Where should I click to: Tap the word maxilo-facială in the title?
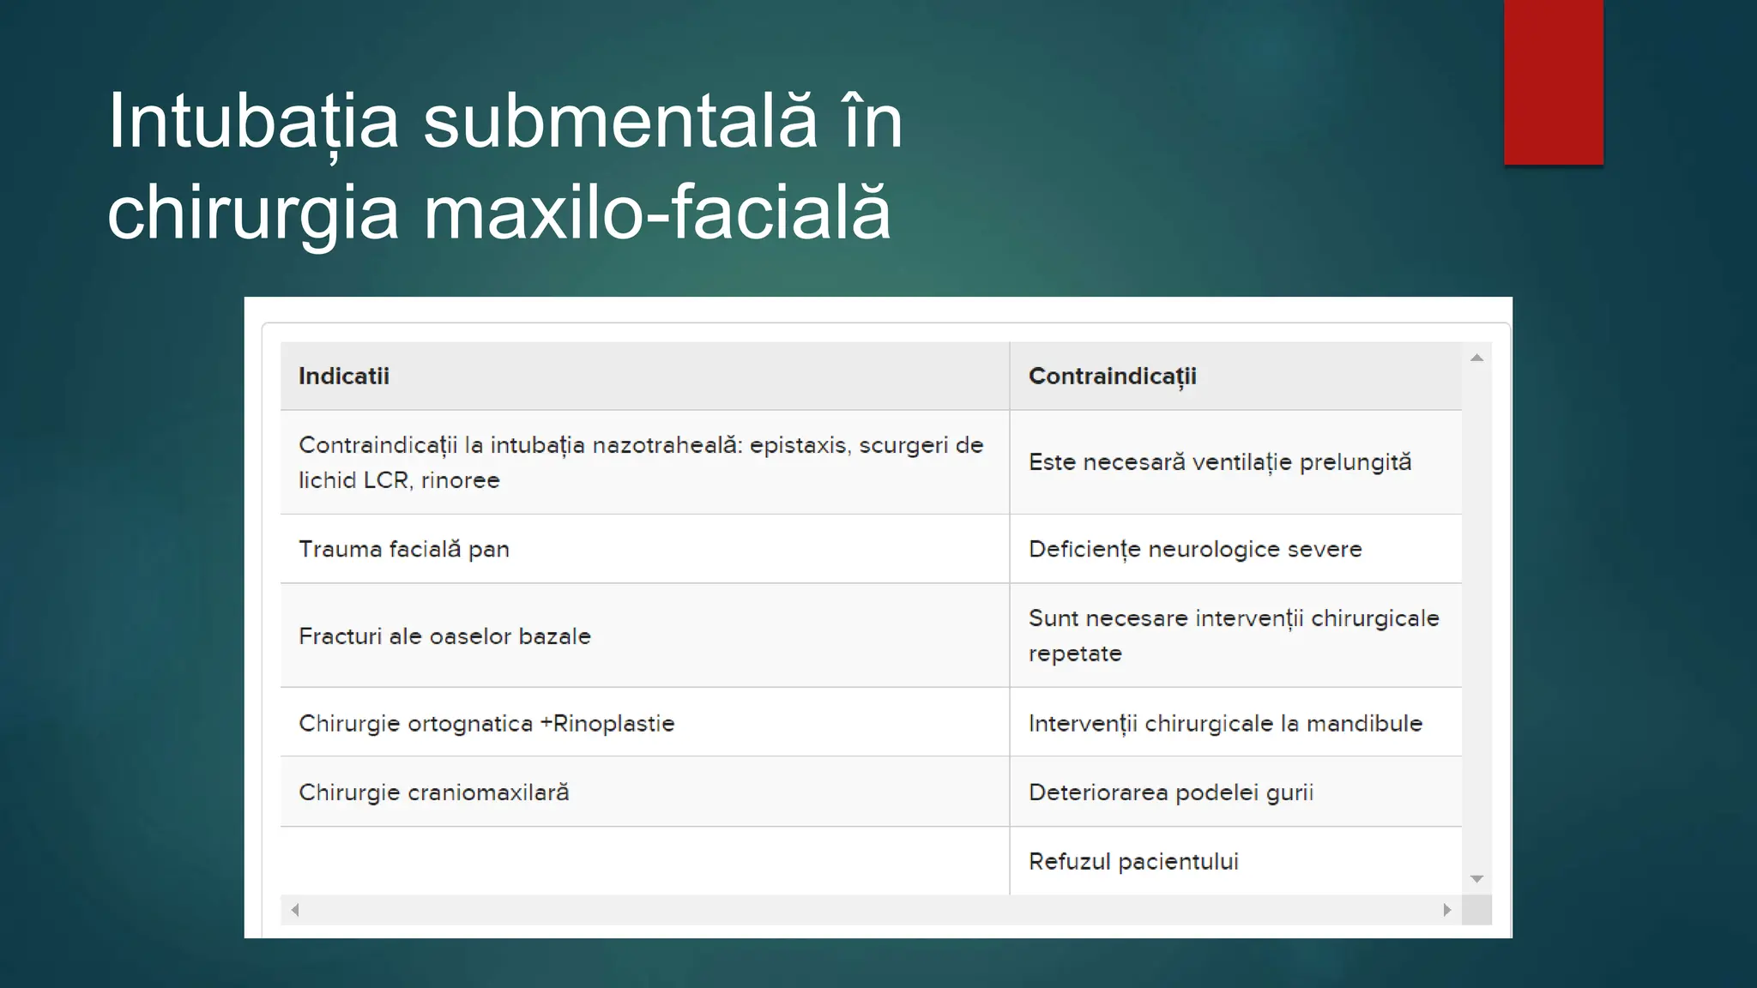[657, 213]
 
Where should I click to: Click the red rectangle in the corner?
[1553, 81]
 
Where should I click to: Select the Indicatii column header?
[344, 377]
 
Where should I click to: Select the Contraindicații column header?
[1112, 377]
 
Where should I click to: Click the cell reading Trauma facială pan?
[404, 550]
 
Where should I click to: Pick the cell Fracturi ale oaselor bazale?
[444, 636]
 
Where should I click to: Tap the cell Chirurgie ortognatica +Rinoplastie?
[486, 724]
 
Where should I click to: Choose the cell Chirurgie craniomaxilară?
[433, 792]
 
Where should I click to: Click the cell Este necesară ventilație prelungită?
[1219, 462]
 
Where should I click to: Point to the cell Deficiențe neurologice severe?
[1195, 550]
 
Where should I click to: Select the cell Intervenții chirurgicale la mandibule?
[1225, 724]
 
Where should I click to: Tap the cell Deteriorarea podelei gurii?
[1171, 792]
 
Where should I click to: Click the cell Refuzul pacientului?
[1133, 862]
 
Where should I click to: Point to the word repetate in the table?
[1075, 654]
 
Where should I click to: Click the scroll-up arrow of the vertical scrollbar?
[1476, 358]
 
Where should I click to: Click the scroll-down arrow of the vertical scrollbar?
[1476, 878]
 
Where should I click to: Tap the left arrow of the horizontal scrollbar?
[295, 910]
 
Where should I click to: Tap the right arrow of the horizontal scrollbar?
[1446, 910]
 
